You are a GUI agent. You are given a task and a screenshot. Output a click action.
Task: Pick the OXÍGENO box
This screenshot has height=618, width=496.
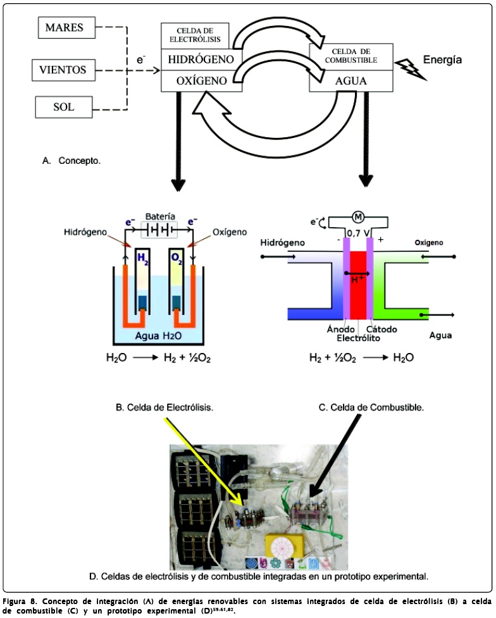click(201, 81)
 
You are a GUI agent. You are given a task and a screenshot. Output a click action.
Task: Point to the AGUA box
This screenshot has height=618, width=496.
click(350, 82)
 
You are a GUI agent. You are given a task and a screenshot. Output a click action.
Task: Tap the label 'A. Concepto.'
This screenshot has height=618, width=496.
click(71, 161)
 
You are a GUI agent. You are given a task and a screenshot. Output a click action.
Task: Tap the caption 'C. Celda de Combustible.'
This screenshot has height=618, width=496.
click(370, 407)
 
